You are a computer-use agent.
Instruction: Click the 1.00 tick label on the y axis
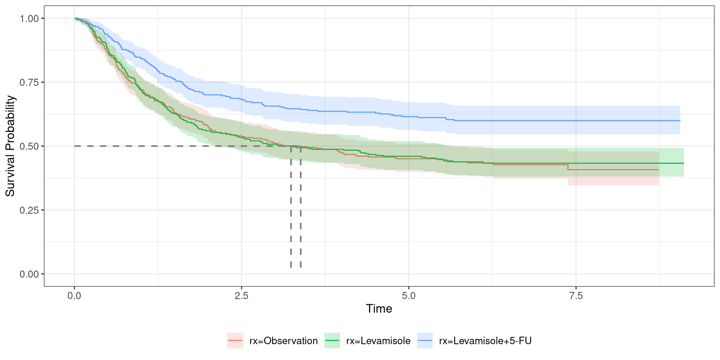(x=29, y=18)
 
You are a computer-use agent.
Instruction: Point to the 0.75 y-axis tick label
(x=29, y=82)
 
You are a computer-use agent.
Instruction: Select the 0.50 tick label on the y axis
(x=29, y=146)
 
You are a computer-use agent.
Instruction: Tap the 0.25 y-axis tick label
(x=29, y=210)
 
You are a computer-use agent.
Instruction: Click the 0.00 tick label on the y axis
(x=29, y=274)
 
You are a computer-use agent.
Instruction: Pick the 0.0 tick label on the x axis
(x=74, y=296)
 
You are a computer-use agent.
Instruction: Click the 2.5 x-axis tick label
(x=241, y=296)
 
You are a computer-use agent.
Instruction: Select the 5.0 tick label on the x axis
(x=409, y=296)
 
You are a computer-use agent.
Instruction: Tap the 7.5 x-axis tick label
(x=576, y=296)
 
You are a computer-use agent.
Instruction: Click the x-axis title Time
(x=379, y=309)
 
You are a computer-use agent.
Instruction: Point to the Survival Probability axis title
(x=10, y=146)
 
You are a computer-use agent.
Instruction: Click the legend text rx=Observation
(x=283, y=341)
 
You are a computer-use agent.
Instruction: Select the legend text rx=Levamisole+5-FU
(x=485, y=341)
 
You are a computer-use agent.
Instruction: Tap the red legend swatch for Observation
(x=235, y=340)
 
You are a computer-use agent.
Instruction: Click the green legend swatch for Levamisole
(x=332, y=340)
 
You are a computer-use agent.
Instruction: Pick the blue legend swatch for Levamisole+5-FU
(x=425, y=340)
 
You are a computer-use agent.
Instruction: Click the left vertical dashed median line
(x=291, y=210)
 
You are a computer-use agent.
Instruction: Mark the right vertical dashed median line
(x=301, y=210)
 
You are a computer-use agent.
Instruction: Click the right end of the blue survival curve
(x=680, y=121)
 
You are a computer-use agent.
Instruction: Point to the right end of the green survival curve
(x=684, y=163)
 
